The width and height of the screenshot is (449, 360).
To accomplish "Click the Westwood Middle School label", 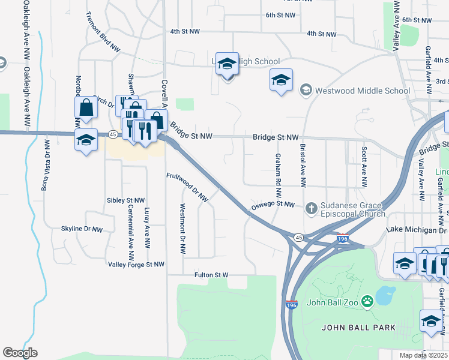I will click(x=362, y=91).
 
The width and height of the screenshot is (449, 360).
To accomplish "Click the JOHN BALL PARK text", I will click(x=358, y=328).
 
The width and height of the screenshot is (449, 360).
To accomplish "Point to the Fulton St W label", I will click(x=211, y=275).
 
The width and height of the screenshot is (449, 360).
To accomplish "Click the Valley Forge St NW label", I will click(x=136, y=264).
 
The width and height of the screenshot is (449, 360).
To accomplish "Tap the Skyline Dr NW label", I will click(x=82, y=229).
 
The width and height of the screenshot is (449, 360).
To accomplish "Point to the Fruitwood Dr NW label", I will click(x=187, y=187).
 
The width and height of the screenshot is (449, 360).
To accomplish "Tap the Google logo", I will click(x=20, y=353).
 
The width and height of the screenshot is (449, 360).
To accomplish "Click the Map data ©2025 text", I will click(x=424, y=356).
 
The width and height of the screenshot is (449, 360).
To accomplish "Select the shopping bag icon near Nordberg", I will click(x=86, y=108).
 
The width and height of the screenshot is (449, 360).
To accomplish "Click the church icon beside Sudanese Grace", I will click(x=311, y=209).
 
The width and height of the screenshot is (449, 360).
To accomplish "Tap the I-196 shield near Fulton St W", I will click(x=292, y=305).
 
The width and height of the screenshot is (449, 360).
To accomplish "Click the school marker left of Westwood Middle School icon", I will click(x=282, y=80).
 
